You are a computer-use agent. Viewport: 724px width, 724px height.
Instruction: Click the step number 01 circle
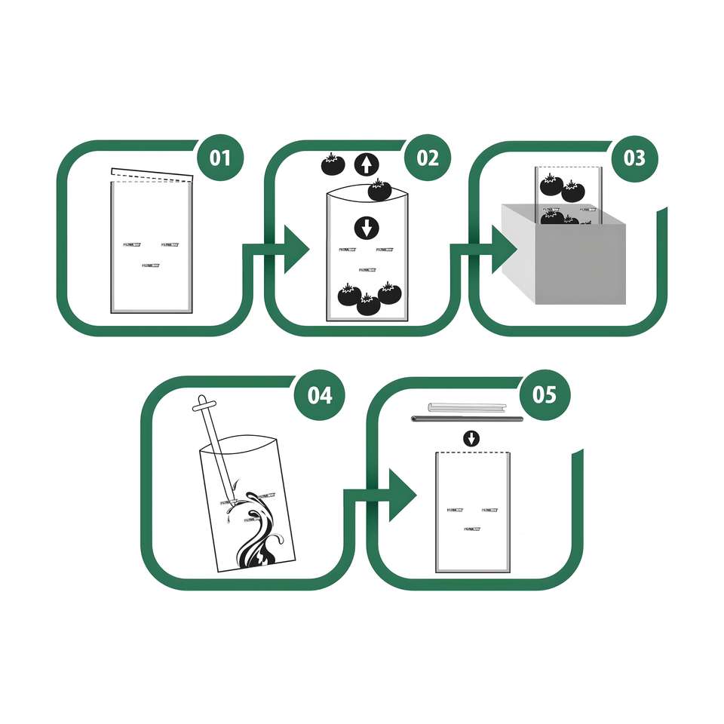coord(219,158)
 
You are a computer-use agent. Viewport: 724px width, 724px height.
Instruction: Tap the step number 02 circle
coord(427,158)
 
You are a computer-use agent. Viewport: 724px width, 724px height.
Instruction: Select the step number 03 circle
coord(634,158)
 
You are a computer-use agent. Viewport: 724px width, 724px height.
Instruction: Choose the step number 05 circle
coord(545,394)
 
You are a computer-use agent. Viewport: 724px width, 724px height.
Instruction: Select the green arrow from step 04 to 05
coord(397,495)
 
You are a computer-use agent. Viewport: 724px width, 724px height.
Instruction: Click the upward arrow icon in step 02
coord(367,164)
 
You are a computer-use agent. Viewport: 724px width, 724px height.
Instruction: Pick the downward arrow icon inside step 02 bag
coord(367,227)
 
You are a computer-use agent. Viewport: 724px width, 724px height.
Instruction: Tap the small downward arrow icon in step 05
coord(471,438)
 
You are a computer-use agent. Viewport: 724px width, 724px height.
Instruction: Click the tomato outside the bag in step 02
coord(333,164)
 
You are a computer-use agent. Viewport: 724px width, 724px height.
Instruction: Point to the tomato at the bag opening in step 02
coord(379,189)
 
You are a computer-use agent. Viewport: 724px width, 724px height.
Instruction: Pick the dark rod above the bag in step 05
coord(468,418)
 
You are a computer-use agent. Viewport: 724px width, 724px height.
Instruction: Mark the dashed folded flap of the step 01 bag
coord(152,176)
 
